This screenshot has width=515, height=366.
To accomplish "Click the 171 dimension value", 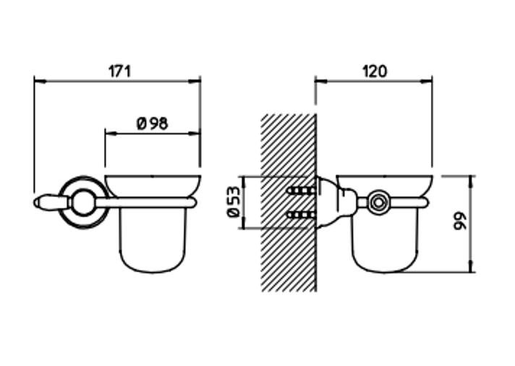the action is click(x=119, y=72).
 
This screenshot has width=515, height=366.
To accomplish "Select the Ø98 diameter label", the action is click(x=152, y=124).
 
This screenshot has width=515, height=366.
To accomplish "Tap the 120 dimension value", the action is click(x=375, y=72).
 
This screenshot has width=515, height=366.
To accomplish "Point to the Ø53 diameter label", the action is click(x=234, y=202).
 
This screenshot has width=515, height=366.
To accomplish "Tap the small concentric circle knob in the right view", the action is click(x=379, y=202).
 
